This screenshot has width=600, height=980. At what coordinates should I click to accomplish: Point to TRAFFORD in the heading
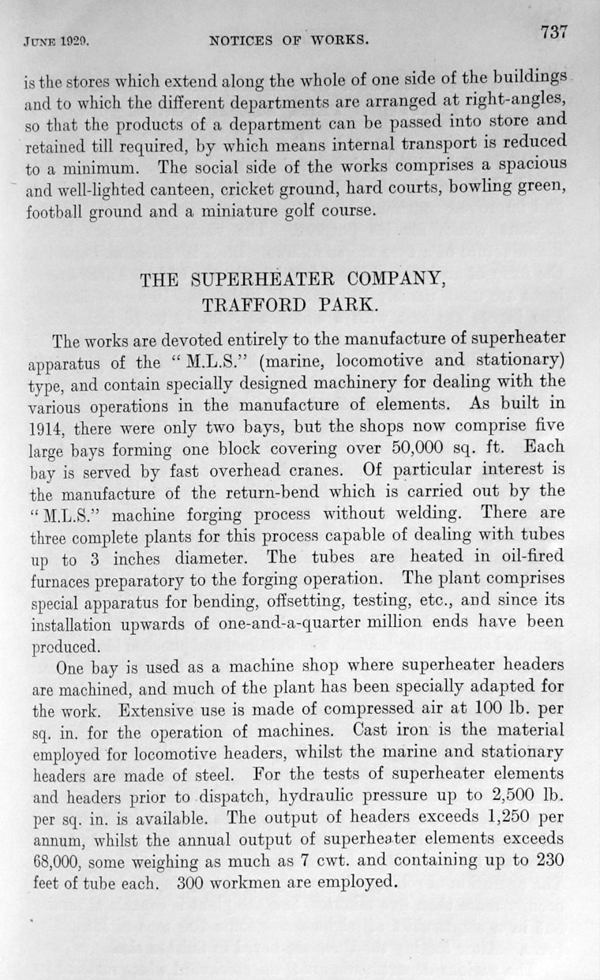pyautogui.click(x=250, y=305)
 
